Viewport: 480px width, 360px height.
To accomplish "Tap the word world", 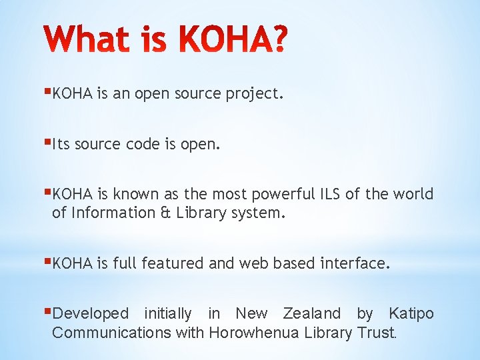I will click(x=413, y=194).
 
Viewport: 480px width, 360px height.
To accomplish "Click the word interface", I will click(x=354, y=263).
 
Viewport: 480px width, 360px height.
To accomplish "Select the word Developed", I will click(x=90, y=313).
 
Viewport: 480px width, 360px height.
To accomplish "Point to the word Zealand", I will click(x=312, y=313).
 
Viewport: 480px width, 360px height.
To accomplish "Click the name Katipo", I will click(x=411, y=313).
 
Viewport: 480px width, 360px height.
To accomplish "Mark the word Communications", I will click(x=111, y=333).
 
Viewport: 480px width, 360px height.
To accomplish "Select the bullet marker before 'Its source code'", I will click(x=48, y=142).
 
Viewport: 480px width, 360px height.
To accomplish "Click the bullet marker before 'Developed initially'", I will click(x=48, y=311).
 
